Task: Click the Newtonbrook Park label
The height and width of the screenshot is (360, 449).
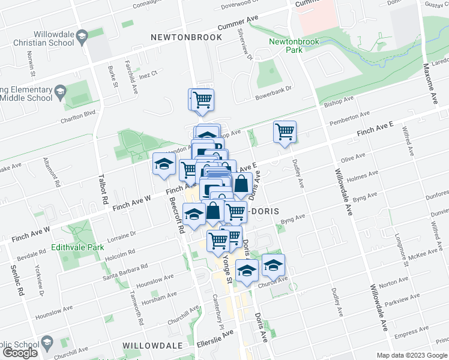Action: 285,46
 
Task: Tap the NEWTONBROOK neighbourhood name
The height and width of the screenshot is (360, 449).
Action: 185,37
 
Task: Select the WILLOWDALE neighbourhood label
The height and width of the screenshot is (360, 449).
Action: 152,346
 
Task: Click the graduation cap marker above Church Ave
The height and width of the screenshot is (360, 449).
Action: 273,265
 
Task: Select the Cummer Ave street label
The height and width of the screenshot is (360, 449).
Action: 237,23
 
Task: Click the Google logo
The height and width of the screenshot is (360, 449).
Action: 20,353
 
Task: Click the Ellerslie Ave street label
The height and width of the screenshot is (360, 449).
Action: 215,343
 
